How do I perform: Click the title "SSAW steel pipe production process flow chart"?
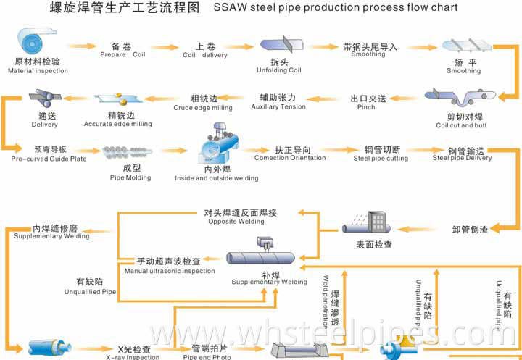pos(336,8)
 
